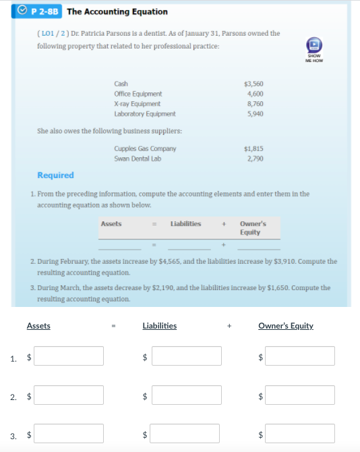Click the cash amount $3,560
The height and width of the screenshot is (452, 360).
(253, 84)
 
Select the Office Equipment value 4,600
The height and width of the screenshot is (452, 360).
(255, 94)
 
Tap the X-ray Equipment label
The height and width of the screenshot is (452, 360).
(137, 104)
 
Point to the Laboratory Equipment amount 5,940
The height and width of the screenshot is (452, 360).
(255, 114)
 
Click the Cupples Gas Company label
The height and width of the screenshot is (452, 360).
(145, 148)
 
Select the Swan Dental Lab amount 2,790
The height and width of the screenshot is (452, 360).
(255, 159)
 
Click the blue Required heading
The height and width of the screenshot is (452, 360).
(55, 175)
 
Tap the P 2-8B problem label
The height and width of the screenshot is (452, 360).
(49, 11)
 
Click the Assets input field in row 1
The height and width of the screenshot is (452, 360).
(69, 356)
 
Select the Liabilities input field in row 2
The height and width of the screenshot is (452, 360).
(186, 395)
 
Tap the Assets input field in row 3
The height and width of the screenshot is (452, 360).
(69, 433)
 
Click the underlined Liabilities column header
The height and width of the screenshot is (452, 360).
(160, 326)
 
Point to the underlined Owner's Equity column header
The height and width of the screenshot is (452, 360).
(286, 326)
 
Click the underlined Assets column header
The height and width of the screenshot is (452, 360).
(38, 326)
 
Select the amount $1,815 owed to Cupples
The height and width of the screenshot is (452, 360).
(253, 148)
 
